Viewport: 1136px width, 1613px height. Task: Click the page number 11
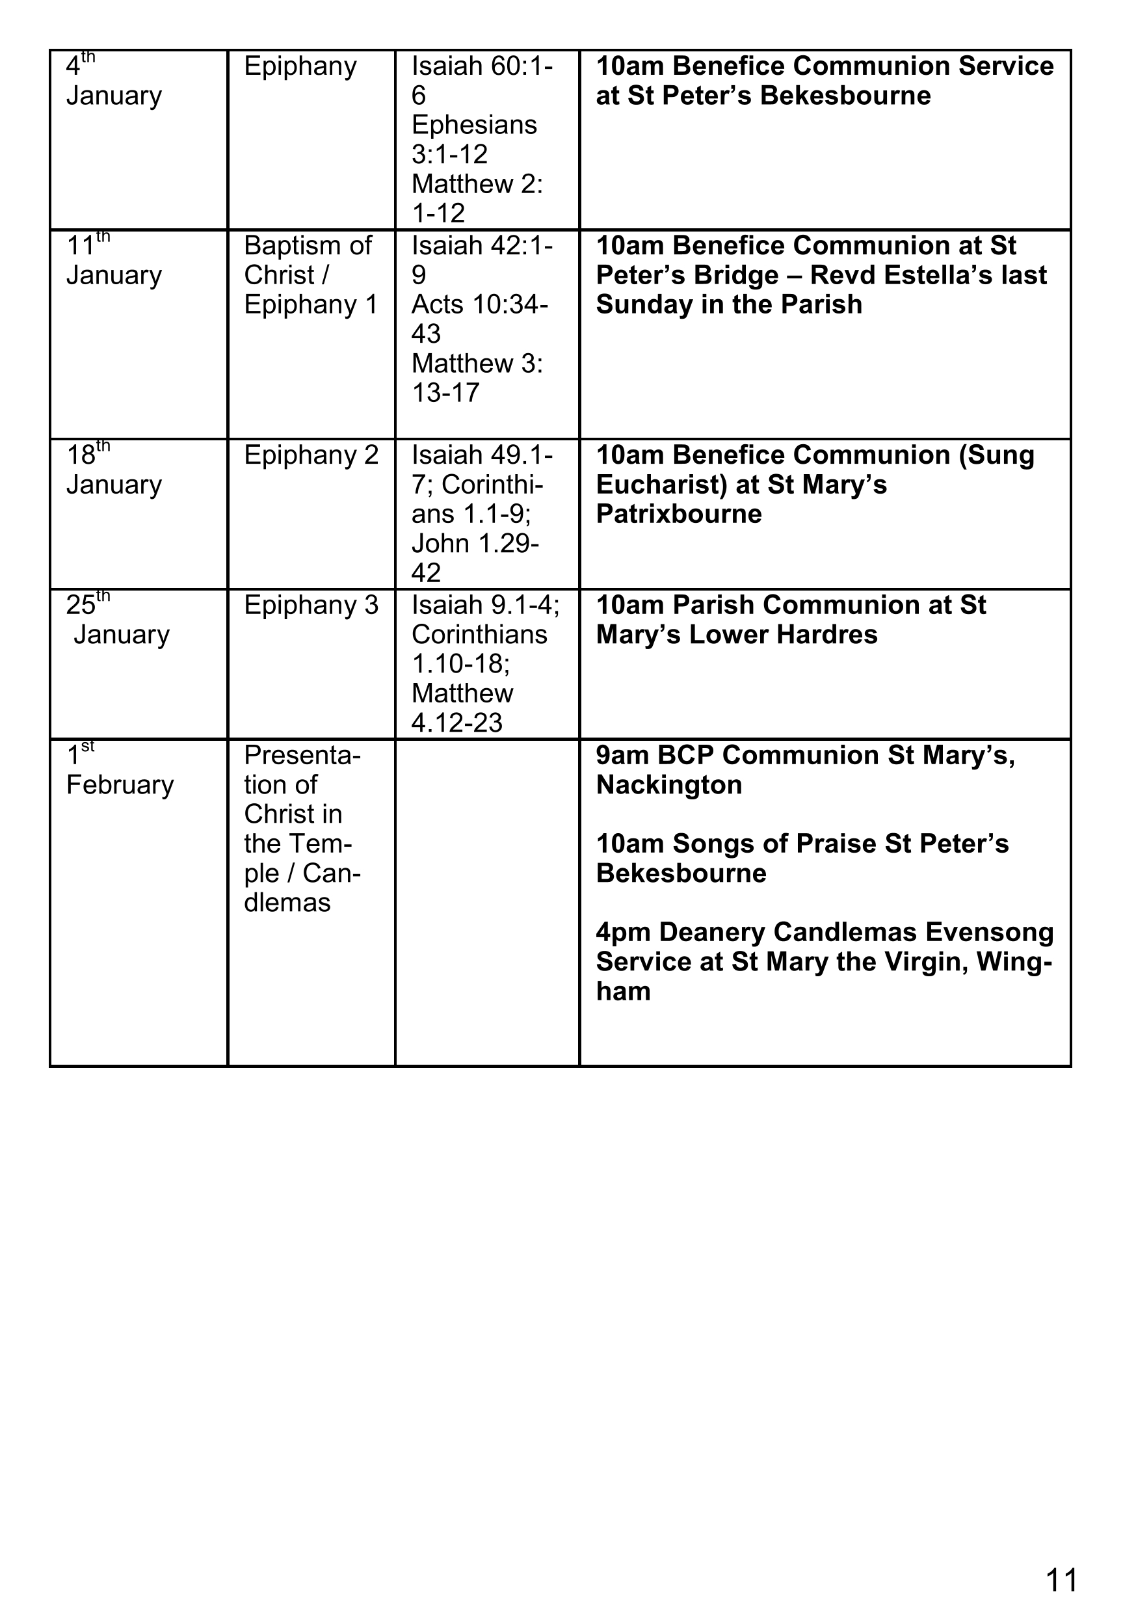(x=1061, y=1580)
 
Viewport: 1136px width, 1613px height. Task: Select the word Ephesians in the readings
(x=474, y=125)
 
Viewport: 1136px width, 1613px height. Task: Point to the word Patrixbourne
(x=679, y=514)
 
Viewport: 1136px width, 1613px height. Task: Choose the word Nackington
(x=669, y=785)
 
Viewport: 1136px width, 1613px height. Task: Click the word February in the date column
(x=120, y=785)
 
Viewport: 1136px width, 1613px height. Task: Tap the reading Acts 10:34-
(x=480, y=305)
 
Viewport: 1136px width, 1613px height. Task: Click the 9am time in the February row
(x=622, y=755)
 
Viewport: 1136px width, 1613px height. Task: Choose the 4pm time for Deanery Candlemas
(x=622, y=932)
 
